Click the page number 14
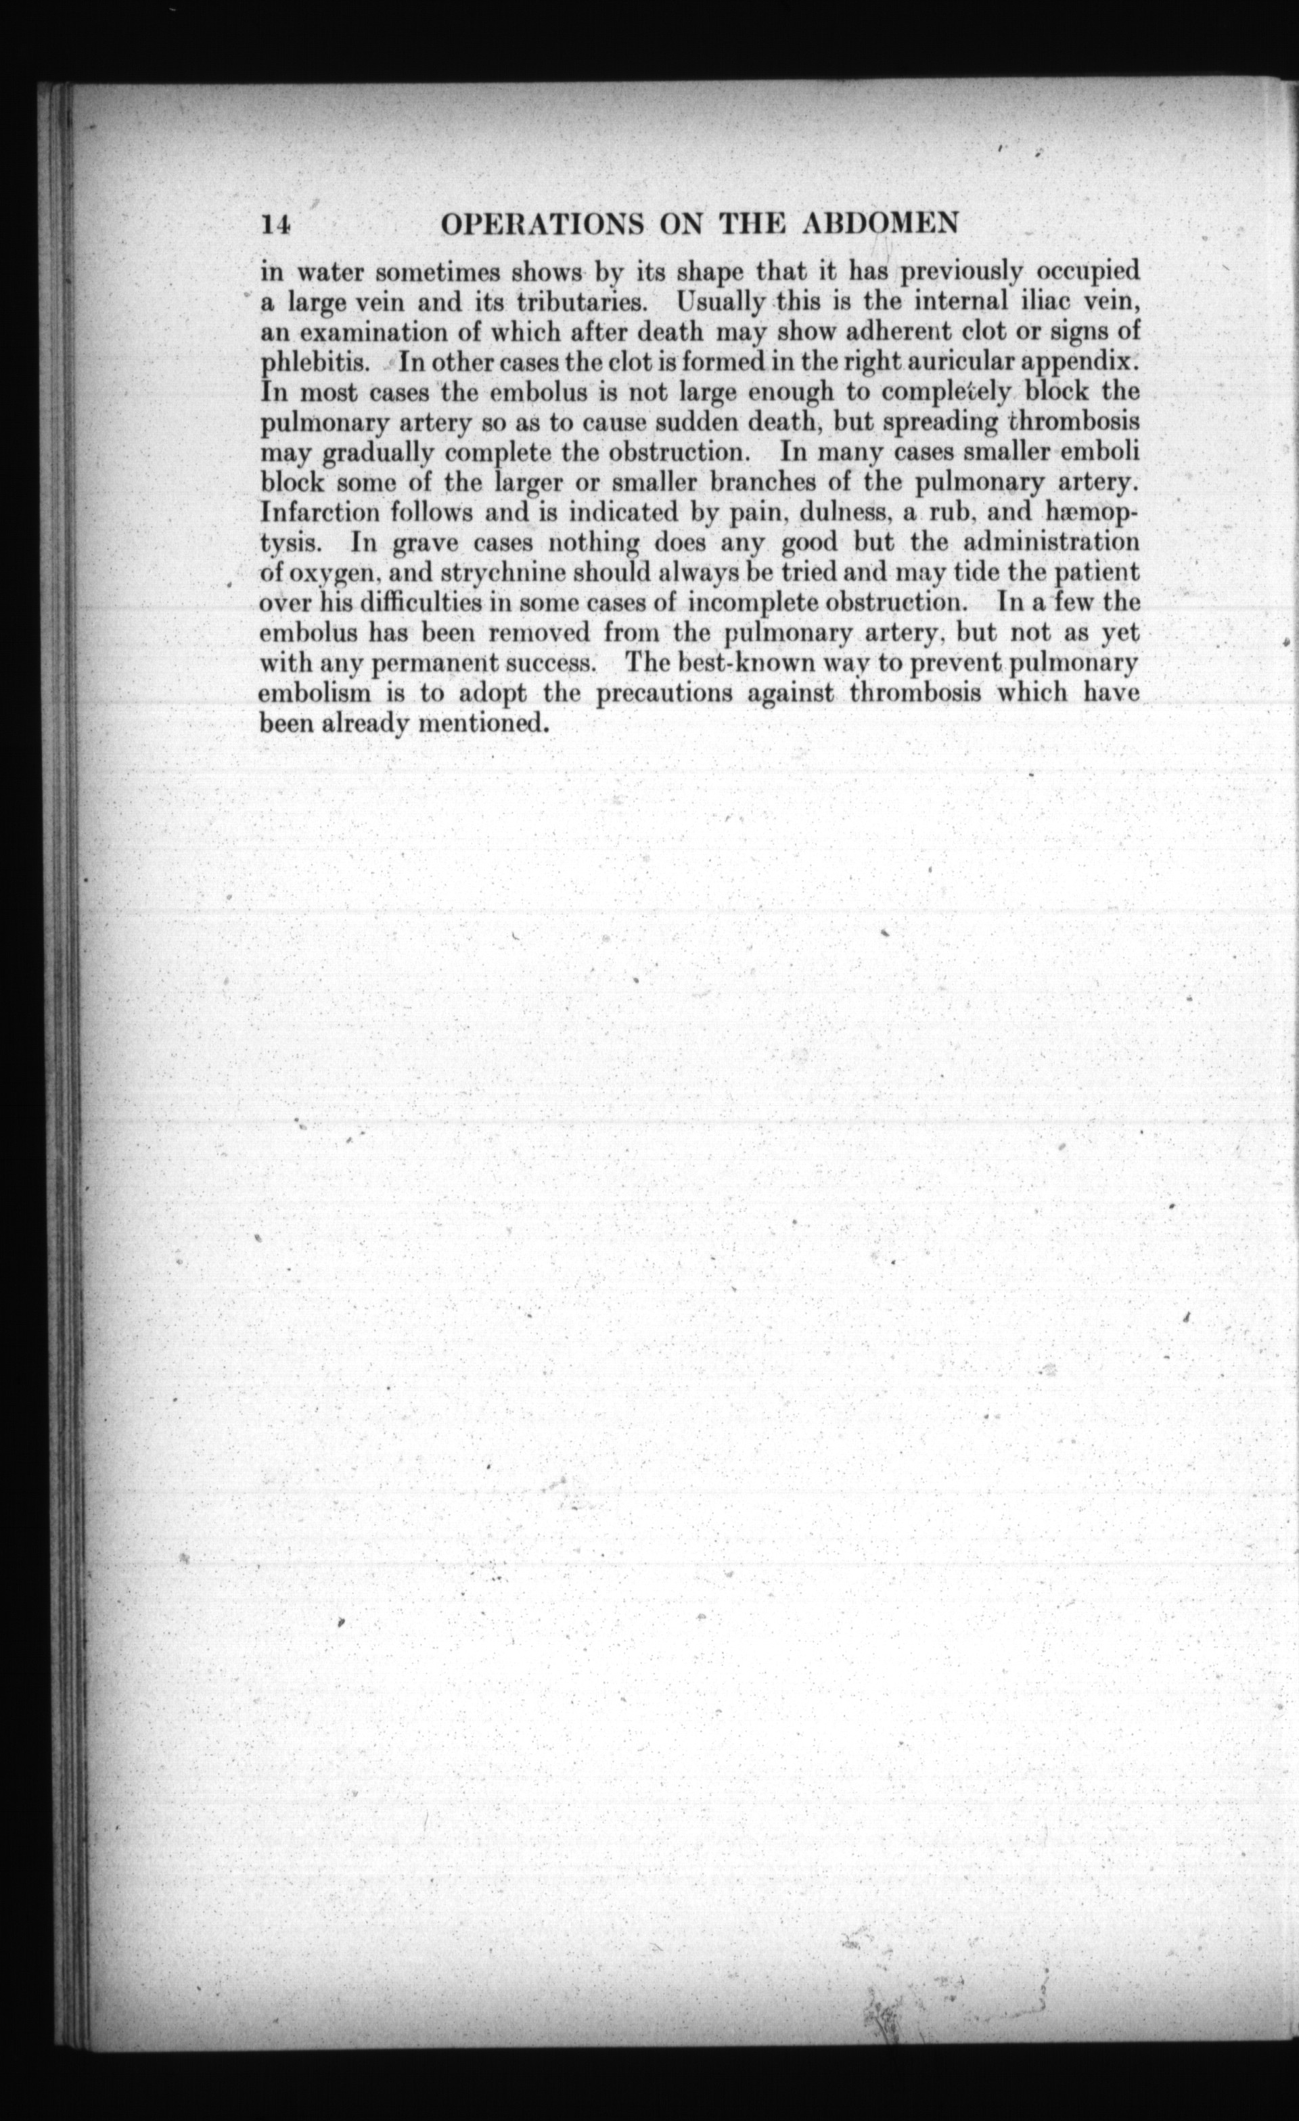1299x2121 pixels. click(x=277, y=225)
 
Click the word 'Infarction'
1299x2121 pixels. click(x=319, y=514)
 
